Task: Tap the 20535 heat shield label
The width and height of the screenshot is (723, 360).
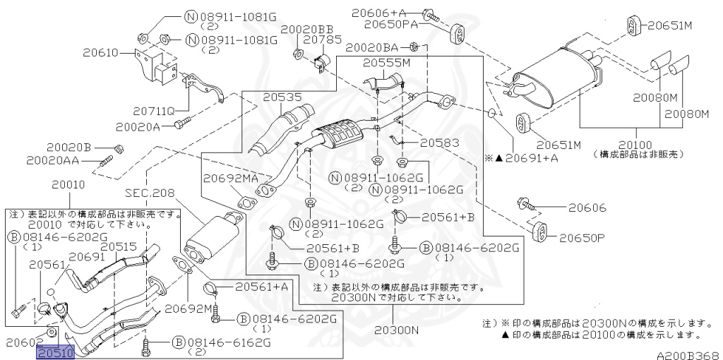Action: [282, 97]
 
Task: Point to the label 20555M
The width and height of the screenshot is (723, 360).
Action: [386, 63]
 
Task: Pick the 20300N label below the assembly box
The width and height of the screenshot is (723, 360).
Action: [396, 329]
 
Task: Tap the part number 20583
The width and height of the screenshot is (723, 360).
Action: [439, 143]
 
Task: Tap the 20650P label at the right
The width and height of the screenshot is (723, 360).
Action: [582, 238]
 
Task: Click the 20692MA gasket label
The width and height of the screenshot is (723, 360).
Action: [231, 178]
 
